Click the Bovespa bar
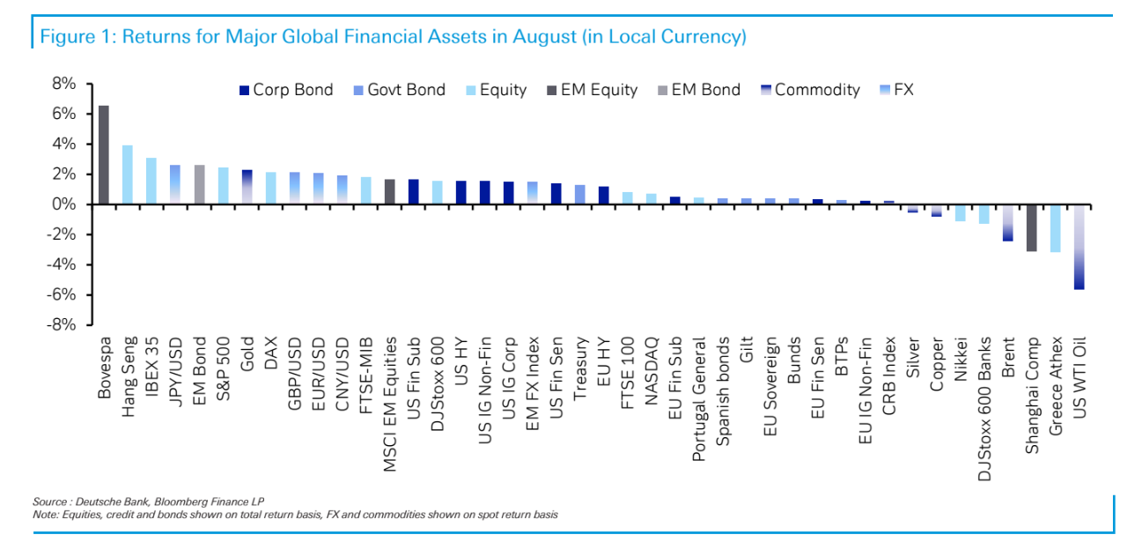(x=104, y=155)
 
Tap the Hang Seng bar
(x=128, y=175)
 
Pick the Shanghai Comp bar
(x=1031, y=227)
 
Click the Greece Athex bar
(x=1055, y=228)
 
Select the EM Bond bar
(x=199, y=184)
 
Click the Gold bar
(x=247, y=187)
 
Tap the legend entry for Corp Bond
(x=285, y=90)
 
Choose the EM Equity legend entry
(x=592, y=90)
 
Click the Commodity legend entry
(x=807, y=90)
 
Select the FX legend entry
(x=895, y=90)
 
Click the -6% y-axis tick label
(x=63, y=294)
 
